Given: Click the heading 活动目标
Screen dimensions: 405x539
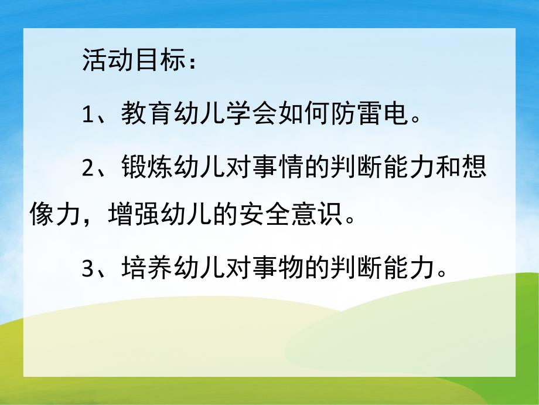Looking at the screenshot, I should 129,62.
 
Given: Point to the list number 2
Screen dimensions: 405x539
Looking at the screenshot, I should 88,168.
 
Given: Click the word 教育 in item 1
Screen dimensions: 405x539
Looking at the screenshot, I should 139,114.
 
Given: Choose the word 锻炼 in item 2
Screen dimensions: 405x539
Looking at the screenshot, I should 139,167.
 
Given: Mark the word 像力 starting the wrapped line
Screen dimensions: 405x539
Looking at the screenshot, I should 59,216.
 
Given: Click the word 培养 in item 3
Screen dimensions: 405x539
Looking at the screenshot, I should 139,270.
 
